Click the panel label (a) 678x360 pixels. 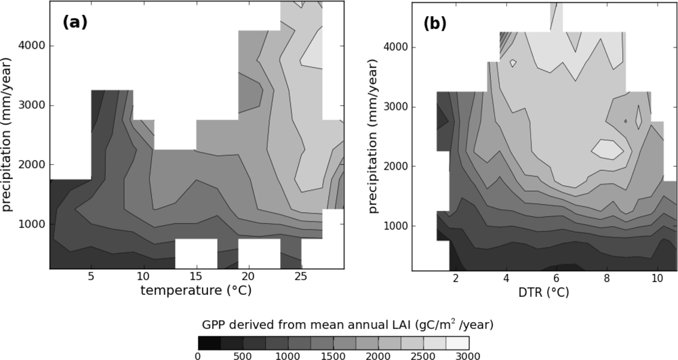click(x=75, y=22)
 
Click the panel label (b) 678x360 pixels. click(x=435, y=24)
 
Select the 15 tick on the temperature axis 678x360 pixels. click(x=195, y=277)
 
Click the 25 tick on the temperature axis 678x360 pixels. click(x=301, y=277)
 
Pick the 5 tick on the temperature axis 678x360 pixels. click(x=91, y=277)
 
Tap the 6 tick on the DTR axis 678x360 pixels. click(x=556, y=278)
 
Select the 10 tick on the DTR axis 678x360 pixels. click(x=656, y=278)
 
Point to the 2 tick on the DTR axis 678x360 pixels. click(x=456, y=278)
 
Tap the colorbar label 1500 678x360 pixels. click(x=333, y=355)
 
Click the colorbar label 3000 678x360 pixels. click(x=467, y=355)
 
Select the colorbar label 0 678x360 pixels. click(x=198, y=355)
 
